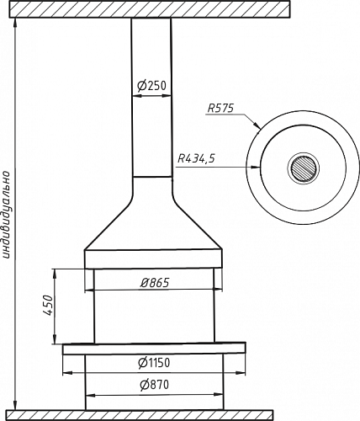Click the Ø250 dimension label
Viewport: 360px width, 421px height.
[151, 86]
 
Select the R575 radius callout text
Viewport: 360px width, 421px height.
[220, 109]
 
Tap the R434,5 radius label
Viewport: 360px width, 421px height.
[196, 159]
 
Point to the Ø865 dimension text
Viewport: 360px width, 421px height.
[155, 283]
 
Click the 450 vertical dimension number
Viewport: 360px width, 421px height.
[48, 305]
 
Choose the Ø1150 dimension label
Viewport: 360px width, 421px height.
[154, 363]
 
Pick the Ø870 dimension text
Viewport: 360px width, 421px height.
[155, 385]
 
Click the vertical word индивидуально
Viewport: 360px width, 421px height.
[6, 214]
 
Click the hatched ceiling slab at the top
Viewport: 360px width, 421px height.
[150, 9]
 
